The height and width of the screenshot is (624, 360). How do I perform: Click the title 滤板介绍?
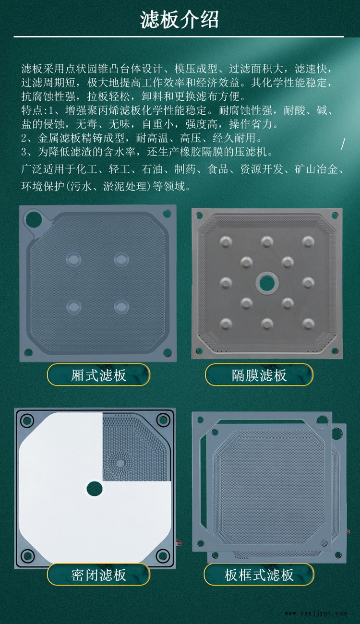(x=179, y=20)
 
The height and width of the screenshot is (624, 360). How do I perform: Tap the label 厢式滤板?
(x=98, y=375)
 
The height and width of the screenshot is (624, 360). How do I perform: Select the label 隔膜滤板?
(x=259, y=375)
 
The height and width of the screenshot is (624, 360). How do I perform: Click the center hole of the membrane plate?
(x=267, y=283)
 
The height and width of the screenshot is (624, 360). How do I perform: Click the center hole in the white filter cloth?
(x=94, y=489)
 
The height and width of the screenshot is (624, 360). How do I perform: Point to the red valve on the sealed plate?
(x=179, y=543)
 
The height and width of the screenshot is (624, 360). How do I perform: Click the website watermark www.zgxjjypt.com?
(x=316, y=613)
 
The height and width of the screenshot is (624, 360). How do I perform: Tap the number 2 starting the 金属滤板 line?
(x=24, y=138)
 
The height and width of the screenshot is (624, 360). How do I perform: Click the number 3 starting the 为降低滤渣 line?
(x=24, y=152)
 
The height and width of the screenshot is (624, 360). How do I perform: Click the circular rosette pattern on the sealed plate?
(x=120, y=463)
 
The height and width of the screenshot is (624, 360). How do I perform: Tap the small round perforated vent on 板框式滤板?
(x=324, y=543)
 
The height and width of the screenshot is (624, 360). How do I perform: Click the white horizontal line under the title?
(x=179, y=36)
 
